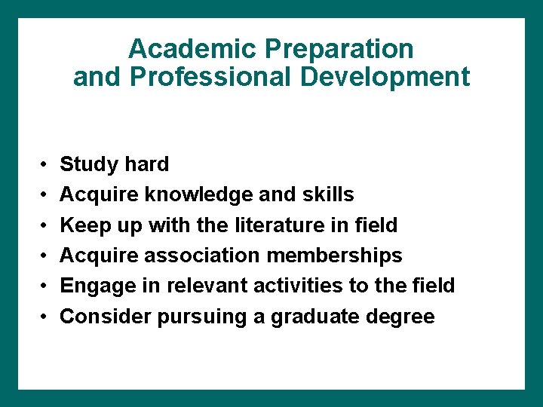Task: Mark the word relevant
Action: click(x=200, y=286)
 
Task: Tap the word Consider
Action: click(x=105, y=317)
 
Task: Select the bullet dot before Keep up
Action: click(x=45, y=225)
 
